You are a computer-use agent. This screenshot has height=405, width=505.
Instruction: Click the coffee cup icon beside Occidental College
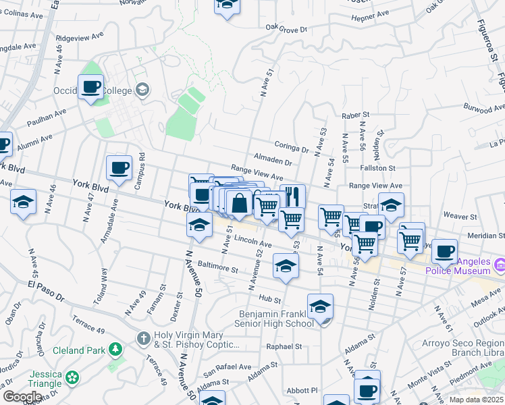(90, 87)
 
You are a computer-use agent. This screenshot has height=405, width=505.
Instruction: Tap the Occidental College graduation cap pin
(142, 89)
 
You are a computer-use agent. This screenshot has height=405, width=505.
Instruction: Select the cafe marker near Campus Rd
(119, 168)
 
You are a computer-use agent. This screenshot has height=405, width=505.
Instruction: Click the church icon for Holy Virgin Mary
(143, 337)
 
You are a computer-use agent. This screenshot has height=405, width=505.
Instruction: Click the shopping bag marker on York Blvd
(239, 202)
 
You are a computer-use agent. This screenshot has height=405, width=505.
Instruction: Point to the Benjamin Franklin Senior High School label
(277, 319)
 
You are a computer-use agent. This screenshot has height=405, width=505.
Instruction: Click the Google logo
(22, 397)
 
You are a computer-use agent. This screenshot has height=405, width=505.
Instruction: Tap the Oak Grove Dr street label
(286, 29)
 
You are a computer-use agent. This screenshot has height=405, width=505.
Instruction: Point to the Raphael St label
(283, 346)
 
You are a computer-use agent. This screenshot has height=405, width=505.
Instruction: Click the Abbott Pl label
(300, 390)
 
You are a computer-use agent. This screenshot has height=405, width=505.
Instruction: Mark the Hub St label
(269, 298)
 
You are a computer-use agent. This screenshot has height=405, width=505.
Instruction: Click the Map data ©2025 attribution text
(477, 400)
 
